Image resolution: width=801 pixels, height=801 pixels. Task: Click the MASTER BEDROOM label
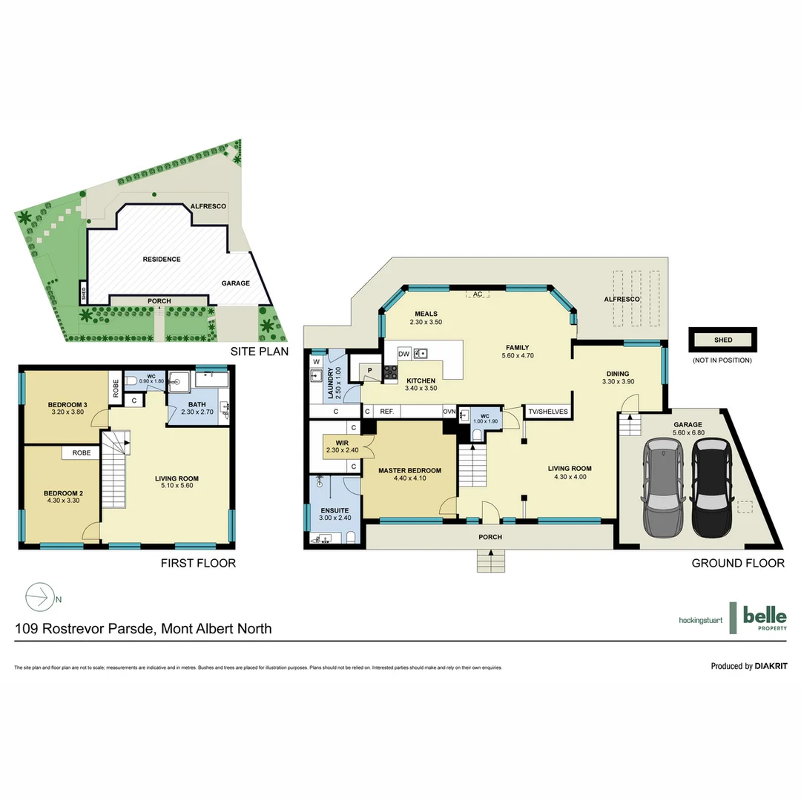(409, 470)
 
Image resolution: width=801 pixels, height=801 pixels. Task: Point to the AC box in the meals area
(478, 294)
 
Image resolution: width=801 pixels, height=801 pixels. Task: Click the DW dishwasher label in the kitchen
(404, 354)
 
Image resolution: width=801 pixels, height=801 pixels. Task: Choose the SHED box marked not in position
(722, 340)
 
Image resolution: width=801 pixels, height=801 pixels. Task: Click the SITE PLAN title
(259, 352)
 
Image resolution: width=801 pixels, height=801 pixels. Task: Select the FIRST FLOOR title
(198, 563)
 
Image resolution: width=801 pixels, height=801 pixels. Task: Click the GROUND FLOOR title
(737, 563)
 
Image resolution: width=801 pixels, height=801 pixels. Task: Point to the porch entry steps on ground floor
(490, 561)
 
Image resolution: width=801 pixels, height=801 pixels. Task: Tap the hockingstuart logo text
(699, 619)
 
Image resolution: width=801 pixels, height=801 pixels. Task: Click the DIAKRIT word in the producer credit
(771, 666)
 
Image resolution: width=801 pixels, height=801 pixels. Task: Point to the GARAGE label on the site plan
(235, 283)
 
